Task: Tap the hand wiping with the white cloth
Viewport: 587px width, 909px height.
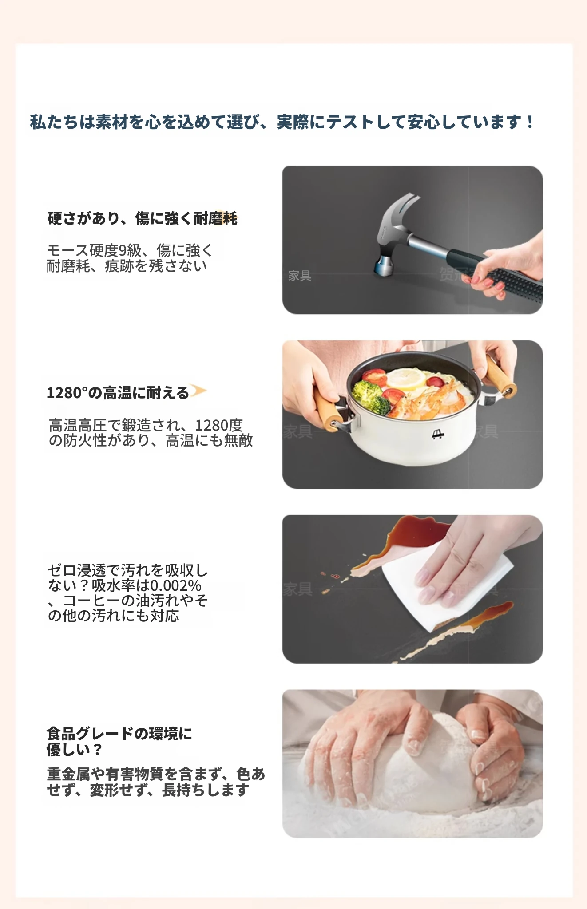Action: coord(471,559)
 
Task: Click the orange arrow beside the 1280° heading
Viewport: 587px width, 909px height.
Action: coord(198,391)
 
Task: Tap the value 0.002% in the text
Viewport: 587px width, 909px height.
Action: coord(176,585)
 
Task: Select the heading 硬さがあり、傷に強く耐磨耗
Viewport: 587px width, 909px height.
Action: coord(142,218)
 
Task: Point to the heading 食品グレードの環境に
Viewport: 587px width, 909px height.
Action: coord(119,733)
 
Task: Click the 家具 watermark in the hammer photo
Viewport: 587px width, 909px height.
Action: coord(300,276)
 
